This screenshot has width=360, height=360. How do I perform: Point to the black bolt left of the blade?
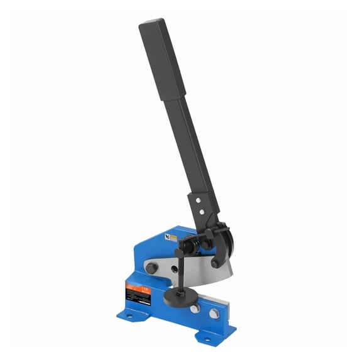pos(151,268)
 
